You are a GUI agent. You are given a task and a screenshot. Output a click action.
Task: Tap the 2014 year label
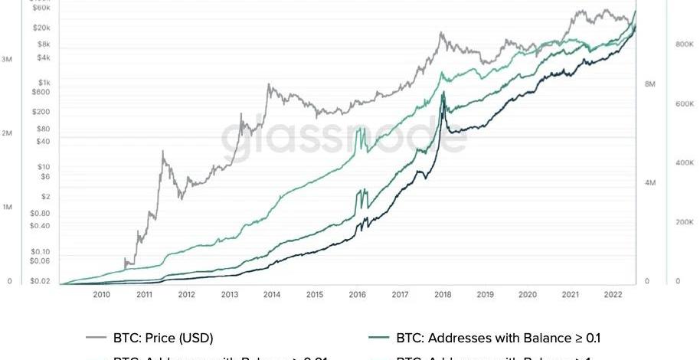coord(272,294)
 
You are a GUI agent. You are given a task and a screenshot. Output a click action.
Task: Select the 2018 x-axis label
coord(442,294)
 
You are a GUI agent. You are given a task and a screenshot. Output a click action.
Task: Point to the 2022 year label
coord(613,294)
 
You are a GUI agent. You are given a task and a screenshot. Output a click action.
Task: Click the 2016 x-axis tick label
coord(357,294)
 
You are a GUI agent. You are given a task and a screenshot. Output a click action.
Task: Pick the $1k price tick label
coord(44,83)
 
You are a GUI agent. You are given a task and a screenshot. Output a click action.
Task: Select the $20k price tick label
coord(42,28)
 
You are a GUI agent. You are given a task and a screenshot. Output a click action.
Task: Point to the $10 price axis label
coord(44,167)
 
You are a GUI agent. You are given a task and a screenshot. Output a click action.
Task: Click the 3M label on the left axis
coord(7,59)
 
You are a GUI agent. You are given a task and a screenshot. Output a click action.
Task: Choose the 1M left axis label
coord(7,208)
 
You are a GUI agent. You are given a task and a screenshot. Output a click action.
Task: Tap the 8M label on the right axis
coord(649,83)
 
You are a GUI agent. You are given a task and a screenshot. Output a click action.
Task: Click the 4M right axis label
coord(649,183)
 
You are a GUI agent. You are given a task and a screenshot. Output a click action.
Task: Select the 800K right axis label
coord(684,45)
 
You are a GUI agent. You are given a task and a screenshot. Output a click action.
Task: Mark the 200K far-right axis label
coord(684,222)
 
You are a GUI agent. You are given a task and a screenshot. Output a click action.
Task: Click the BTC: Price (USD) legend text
coord(162,337)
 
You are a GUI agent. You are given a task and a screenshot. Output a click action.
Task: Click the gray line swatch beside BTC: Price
coord(96,338)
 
